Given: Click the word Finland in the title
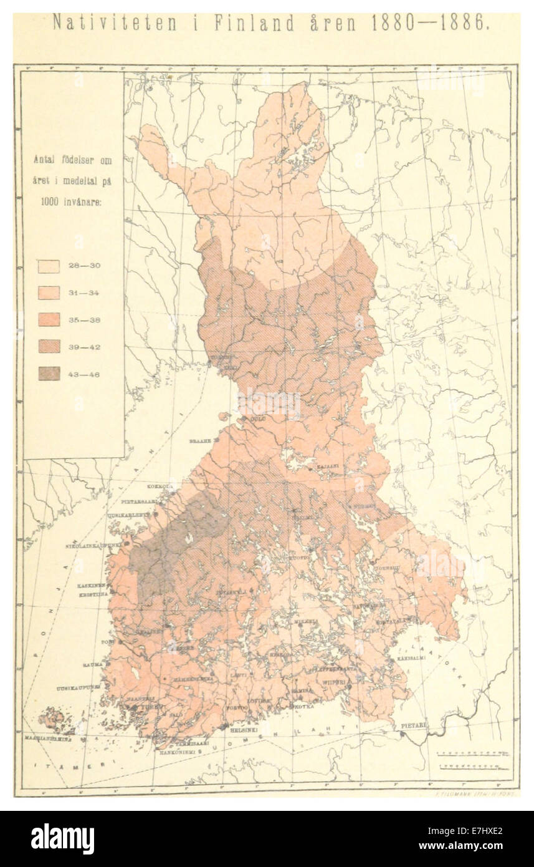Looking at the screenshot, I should (254, 24).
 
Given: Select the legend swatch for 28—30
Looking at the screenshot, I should (49, 266).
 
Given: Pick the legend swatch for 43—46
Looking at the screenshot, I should (49, 374).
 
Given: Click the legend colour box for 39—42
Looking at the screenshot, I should (49, 346).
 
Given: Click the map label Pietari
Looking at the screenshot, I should (413, 726).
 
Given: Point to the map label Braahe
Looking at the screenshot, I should (201, 440).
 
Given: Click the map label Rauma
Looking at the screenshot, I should (92, 665).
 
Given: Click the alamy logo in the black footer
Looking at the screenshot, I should (62, 839).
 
